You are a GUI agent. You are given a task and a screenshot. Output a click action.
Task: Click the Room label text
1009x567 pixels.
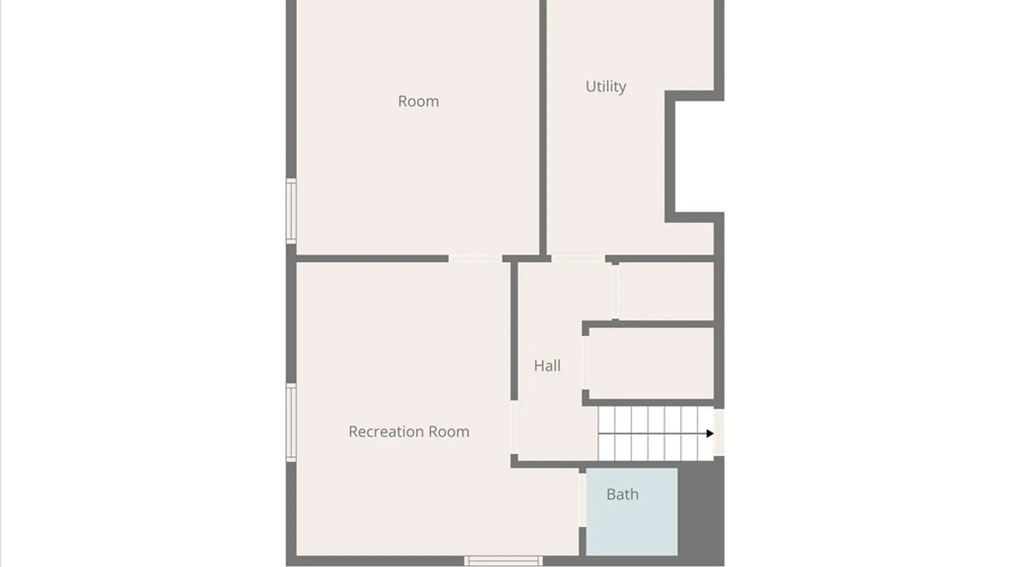[418, 101]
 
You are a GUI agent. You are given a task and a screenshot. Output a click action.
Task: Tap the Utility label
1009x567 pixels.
[606, 86]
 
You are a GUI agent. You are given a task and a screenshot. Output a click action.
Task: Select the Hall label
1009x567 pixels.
[547, 365]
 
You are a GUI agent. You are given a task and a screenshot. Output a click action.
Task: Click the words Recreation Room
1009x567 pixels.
[409, 432]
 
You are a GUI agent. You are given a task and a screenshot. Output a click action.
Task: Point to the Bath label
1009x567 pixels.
[622, 494]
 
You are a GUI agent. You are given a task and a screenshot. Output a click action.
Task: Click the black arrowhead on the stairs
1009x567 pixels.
[710, 434]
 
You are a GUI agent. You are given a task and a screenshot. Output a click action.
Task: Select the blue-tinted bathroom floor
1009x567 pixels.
[632, 512]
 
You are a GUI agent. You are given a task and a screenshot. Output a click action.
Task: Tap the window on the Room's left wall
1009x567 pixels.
[291, 211]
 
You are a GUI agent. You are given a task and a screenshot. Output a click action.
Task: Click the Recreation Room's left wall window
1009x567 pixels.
[291, 423]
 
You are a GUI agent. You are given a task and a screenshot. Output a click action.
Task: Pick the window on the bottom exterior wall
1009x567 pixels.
[503, 561]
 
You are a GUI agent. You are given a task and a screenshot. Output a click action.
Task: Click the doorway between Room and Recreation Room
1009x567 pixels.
[475, 258]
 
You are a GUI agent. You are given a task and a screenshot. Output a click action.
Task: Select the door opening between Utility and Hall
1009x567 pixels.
[578, 258]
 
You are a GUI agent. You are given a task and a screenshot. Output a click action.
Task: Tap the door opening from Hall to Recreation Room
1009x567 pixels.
[514, 427]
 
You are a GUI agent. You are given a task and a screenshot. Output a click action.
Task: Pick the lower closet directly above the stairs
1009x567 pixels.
[651, 363]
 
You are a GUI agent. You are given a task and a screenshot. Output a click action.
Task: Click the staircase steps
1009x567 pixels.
[656, 434]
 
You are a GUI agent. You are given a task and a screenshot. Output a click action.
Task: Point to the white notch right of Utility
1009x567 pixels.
[699, 156]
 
